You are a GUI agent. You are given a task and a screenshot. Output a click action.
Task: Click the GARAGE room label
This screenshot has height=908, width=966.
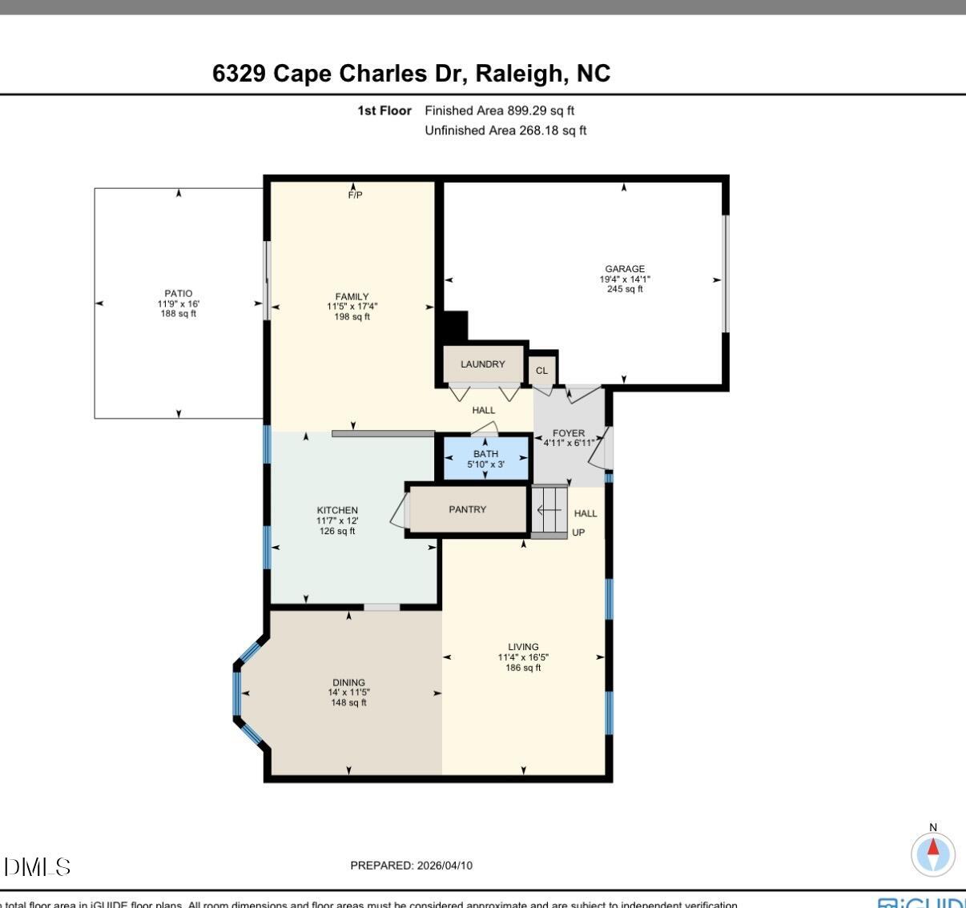(x=625, y=269)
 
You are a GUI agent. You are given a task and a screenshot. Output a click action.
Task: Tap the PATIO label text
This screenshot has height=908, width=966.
(x=178, y=294)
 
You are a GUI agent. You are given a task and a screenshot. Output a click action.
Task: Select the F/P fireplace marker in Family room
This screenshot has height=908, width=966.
(x=355, y=195)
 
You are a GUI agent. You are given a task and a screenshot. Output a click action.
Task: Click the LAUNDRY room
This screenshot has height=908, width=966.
(x=483, y=364)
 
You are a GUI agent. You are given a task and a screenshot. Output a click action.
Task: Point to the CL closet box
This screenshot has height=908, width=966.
(x=541, y=371)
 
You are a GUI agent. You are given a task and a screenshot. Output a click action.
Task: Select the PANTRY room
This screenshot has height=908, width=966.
(x=467, y=510)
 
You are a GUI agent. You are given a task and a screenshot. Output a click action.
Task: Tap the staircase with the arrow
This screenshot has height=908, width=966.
(x=549, y=511)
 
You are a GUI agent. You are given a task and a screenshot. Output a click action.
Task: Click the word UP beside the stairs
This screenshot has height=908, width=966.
(x=578, y=532)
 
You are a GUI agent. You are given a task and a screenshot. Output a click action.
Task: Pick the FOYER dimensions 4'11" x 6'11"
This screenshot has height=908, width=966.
(x=569, y=443)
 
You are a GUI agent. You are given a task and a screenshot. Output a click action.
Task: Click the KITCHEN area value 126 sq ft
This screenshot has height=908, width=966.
(x=337, y=531)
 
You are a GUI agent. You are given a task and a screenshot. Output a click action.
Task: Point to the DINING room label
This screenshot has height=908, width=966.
(x=348, y=683)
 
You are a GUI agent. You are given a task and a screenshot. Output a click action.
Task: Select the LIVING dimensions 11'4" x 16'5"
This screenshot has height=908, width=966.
(x=523, y=657)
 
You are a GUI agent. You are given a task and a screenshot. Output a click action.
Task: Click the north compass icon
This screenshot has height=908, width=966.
(x=933, y=854)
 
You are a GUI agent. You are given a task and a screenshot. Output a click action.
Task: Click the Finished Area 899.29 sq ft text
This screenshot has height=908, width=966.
(x=499, y=110)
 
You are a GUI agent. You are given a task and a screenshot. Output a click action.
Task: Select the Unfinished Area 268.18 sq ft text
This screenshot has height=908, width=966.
(x=505, y=131)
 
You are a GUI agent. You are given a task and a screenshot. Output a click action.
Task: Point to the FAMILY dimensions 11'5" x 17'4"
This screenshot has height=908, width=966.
(x=352, y=307)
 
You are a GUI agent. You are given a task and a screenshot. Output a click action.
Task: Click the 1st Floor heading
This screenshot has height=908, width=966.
(x=384, y=110)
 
